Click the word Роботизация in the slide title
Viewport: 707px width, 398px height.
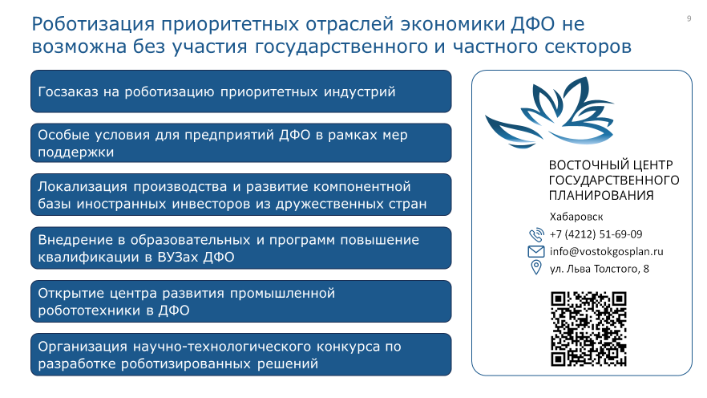93,24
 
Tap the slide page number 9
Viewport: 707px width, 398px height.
689,18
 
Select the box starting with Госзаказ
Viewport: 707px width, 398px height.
240,91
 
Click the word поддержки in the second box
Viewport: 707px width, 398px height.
75,152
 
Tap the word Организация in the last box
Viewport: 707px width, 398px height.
83,347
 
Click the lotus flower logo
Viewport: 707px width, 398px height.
550,112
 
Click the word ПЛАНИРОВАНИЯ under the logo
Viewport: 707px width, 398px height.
601,196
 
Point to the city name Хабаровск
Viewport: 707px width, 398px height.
576,217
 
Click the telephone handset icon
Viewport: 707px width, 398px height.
536,234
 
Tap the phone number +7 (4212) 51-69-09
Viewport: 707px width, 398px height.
596,234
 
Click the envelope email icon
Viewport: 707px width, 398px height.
536,251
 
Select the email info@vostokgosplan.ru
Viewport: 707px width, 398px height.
607,252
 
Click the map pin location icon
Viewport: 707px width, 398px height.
536,267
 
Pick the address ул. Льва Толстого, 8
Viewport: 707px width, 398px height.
600,270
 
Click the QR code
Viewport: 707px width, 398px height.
588,329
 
